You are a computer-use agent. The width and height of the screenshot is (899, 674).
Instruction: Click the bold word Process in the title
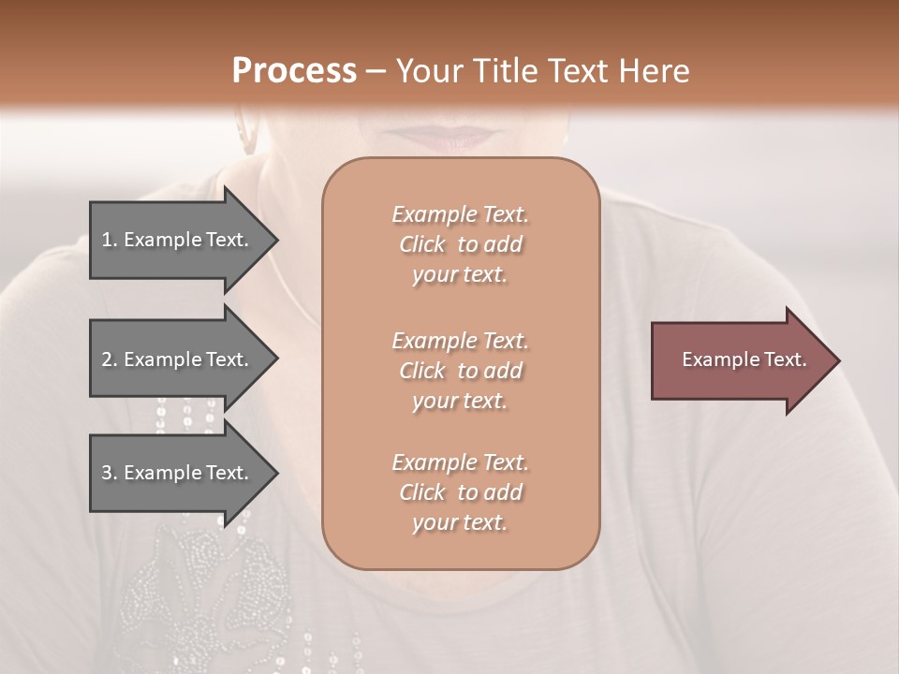[x=294, y=71]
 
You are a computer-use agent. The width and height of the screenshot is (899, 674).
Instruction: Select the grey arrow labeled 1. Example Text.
[x=178, y=240]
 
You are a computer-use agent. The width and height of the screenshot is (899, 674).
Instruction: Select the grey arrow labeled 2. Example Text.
[x=178, y=359]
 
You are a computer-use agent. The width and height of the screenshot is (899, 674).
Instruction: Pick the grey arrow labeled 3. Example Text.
[x=178, y=473]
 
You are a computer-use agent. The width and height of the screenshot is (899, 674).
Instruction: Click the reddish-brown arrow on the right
[x=740, y=360]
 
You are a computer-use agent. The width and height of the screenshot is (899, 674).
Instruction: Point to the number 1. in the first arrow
[x=110, y=241]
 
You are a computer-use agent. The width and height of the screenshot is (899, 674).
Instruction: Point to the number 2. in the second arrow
[x=110, y=359]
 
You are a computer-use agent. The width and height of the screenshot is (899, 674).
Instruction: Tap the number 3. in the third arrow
[x=110, y=473]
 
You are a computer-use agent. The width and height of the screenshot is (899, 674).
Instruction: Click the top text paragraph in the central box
[x=461, y=244]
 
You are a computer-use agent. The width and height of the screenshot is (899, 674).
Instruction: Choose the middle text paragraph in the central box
[x=461, y=371]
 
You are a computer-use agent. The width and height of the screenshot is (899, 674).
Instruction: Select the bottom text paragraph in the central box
[x=461, y=492]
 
